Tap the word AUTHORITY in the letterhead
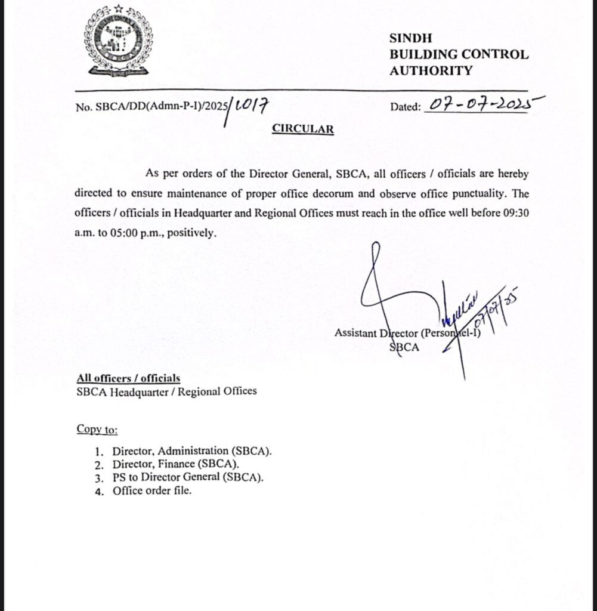(431, 70)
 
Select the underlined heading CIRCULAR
(302, 129)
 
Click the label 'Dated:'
(406, 107)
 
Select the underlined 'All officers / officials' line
(128, 378)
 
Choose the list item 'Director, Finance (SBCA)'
(175, 464)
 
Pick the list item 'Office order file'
(151, 491)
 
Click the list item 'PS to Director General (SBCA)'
(187, 477)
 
